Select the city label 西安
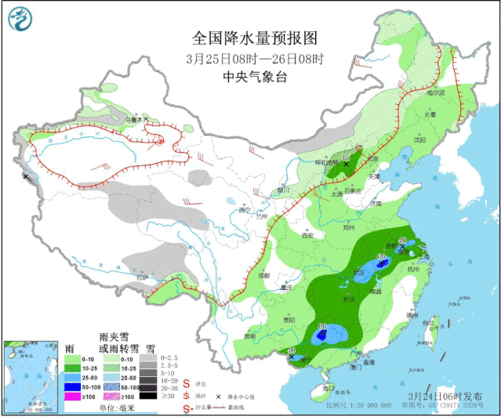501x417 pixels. tap(307, 234)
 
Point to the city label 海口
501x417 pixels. tap(329, 387)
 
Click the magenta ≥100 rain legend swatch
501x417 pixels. tap(73, 397)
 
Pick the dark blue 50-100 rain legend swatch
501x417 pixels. tap(73, 387)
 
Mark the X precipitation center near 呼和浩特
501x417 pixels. tap(345, 164)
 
